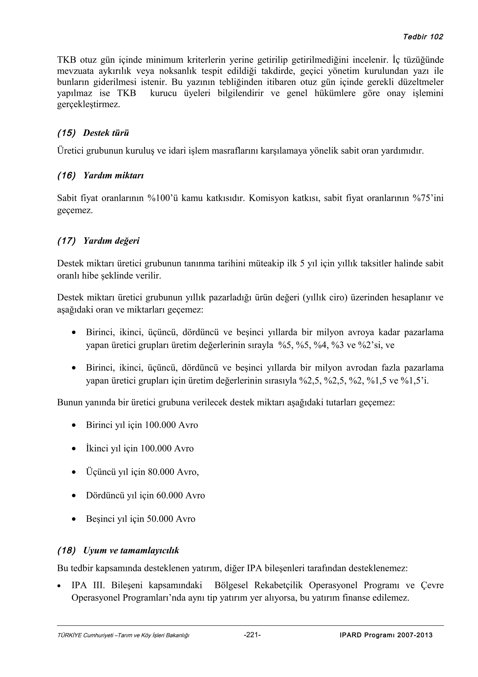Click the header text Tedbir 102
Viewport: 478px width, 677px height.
coord(423,37)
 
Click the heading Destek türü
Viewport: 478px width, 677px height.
coord(106,133)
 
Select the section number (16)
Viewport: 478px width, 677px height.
coord(66,176)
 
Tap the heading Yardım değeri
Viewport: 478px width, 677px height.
coord(111,241)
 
